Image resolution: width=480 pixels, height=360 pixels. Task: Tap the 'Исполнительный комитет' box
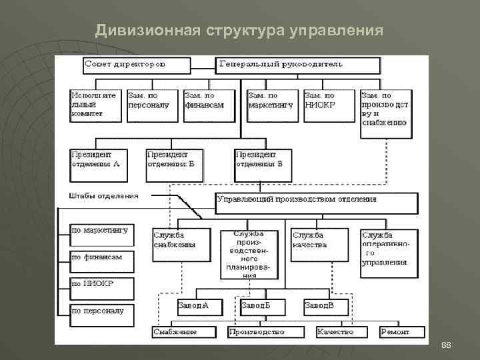(x=97, y=105)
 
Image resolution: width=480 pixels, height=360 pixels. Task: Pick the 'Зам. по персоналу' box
(x=153, y=105)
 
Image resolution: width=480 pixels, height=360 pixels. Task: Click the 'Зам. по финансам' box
(x=209, y=105)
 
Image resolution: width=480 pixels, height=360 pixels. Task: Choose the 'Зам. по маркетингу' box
(x=272, y=105)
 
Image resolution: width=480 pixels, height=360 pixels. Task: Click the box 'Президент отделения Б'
(x=174, y=164)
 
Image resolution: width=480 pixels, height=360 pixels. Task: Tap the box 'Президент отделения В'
(x=263, y=164)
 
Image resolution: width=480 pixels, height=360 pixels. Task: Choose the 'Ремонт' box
(x=402, y=331)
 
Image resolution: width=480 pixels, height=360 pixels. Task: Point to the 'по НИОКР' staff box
(x=101, y=287)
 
